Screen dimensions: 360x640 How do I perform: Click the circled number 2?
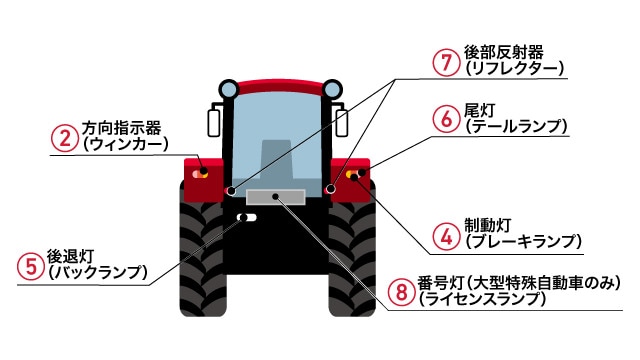[65, 136]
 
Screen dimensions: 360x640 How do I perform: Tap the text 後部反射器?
[502, 51]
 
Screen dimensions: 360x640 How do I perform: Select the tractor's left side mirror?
[212, 122]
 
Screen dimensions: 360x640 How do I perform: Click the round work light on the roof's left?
[230, 87]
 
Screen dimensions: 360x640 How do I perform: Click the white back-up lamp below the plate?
[246, 217]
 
